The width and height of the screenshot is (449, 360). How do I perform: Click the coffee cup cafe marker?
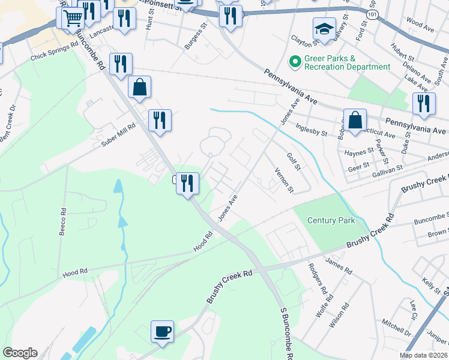point(162,332)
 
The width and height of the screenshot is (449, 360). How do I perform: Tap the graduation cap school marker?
point(324,29)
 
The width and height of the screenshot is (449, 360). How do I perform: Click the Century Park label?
point(331,220)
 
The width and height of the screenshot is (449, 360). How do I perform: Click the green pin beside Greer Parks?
point(295,61)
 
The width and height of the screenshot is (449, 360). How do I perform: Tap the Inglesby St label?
point(312,133)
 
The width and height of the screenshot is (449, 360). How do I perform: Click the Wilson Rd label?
point(340,315)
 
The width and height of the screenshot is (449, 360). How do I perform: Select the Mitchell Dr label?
point(396,327)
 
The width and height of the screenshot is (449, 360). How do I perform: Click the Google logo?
point(20,353)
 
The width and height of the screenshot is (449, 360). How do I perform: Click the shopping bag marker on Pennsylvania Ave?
point(355,120)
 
